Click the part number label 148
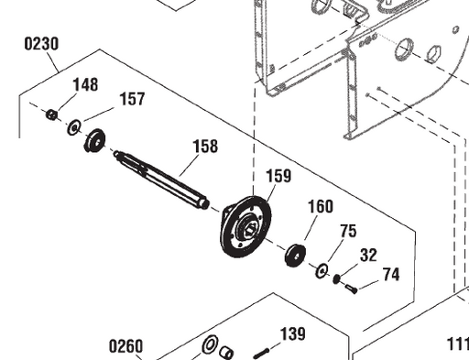85,85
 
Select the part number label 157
132,99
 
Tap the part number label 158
205,146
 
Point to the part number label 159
279,176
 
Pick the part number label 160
320,206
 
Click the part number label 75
348,232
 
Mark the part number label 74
390,274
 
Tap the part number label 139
292,334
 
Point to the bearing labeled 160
296,256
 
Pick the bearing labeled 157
93,141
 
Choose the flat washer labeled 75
322,271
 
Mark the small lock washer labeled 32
337,279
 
